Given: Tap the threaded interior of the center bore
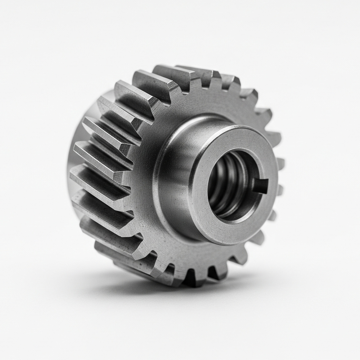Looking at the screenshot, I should tap(228, 186).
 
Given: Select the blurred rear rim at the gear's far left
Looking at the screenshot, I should tap(73, 156).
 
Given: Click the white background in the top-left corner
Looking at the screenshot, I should tap(18, 18).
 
